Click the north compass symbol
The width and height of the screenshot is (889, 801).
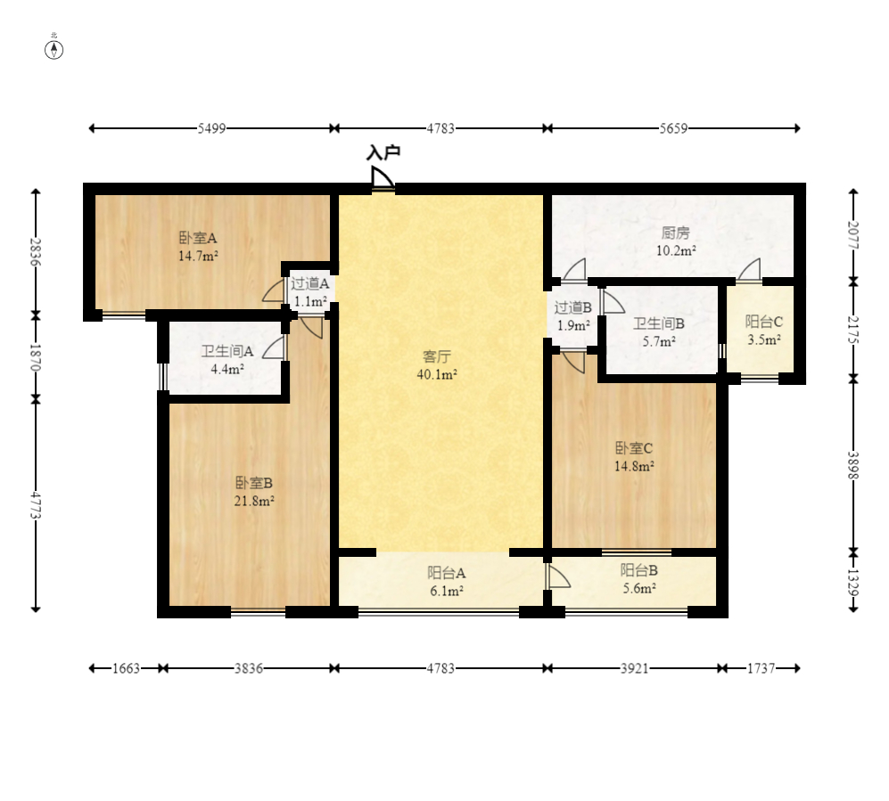54,49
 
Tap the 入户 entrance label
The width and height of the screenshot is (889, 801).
383,152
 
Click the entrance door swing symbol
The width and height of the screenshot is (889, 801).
383,178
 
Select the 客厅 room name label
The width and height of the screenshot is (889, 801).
437,356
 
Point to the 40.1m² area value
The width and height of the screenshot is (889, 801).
437,374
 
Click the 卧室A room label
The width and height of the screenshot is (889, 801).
198,238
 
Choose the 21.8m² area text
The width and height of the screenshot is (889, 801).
254,501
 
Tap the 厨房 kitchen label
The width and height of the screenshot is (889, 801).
675,233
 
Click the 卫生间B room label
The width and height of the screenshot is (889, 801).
659,323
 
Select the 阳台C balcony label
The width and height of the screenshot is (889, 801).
763,322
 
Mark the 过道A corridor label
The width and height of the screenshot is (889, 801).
310,283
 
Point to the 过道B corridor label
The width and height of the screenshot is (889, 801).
573,307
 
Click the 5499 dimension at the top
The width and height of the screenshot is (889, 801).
211,128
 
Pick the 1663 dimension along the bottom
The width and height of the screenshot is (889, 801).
126,668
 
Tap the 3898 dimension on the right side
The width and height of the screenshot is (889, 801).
852,465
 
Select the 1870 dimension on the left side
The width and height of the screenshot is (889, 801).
35,357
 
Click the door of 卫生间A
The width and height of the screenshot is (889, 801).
275,347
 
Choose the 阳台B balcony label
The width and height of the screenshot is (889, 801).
639,570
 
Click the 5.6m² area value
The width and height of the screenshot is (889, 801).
639,588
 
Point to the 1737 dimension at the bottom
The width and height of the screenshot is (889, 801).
761,668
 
